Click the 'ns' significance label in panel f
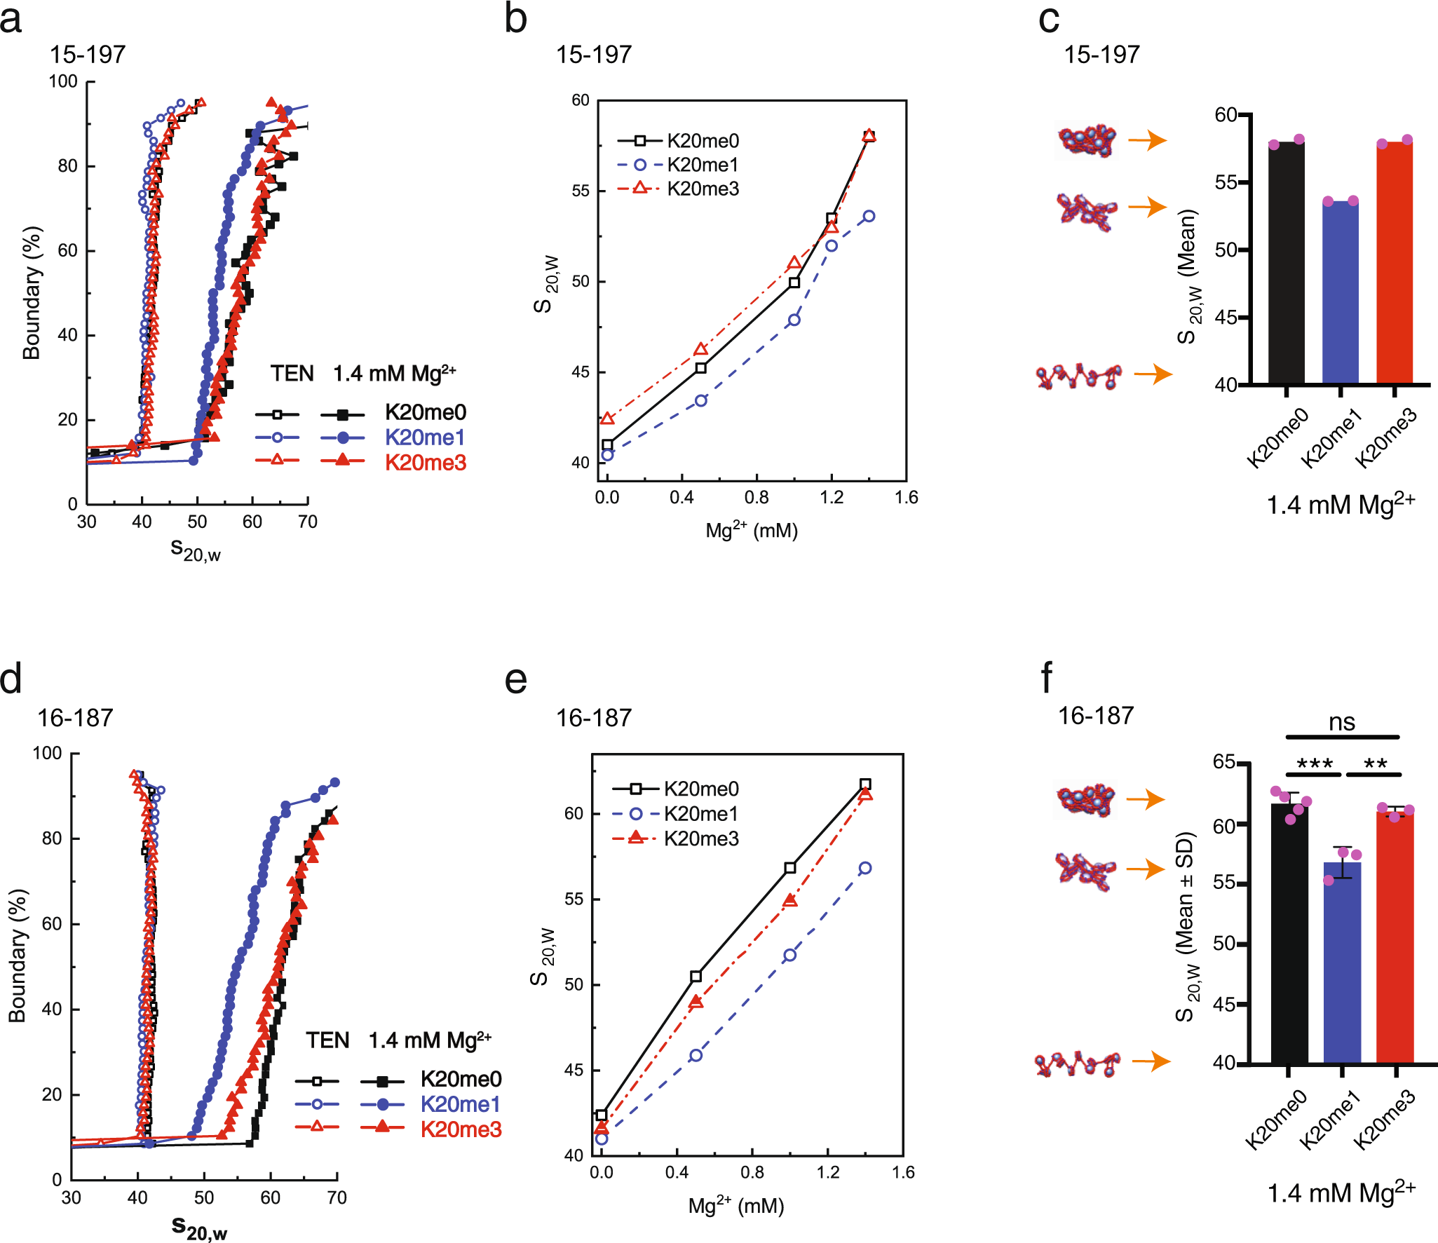pos(1342,722)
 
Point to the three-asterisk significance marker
pos(1314,764)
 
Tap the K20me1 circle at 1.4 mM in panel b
pos(869,216)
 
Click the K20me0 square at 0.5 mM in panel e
pos(696,977)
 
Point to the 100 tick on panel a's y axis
pos(62,81)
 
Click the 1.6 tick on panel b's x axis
pos(906,498)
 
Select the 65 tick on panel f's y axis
pos(1224,761)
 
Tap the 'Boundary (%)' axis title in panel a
pos(32,293)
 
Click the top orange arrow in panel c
pos(1147,140)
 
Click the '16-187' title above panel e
pos(593,718)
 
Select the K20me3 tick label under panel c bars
pos(1386,438)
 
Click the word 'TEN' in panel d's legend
pos(327,1040)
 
